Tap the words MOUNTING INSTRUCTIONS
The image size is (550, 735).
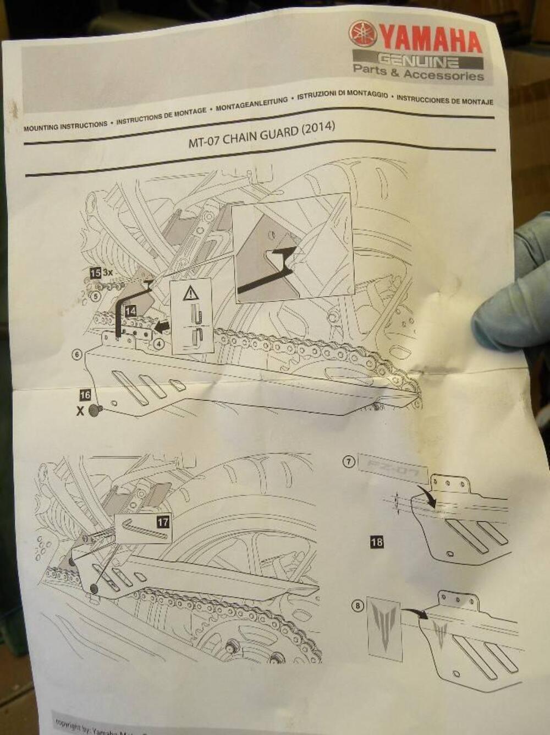pos(65,126)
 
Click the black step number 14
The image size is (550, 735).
pos(130,311)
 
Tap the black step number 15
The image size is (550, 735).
pos(95,273)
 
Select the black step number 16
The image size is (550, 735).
pos(85,395)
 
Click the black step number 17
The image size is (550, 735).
pos(163,521)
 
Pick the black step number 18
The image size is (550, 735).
pos(377,542)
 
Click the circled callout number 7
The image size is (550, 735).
pos(348,462)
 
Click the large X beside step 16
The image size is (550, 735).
pos(81,411)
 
